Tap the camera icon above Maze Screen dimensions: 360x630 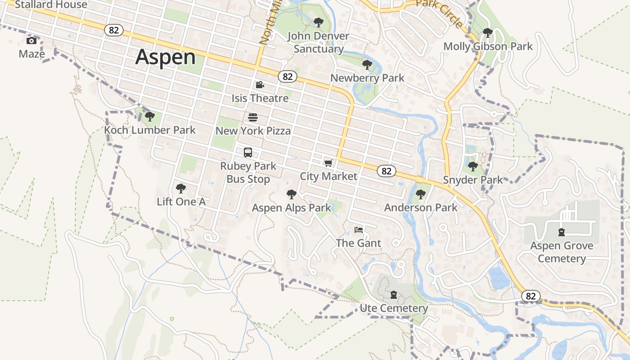(31, 41)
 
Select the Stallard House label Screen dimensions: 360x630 (51, 5)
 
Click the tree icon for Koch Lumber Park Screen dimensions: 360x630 (150, 117)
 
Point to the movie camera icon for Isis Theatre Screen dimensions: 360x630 (260, 85)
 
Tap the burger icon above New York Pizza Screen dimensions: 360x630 (253, 117)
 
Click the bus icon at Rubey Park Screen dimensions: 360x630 (248, 153)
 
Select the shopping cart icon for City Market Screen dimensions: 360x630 (328, 163)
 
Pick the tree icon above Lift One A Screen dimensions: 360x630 (181, 188)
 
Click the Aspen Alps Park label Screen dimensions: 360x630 (291, 208)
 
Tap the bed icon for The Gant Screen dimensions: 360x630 (359, 230)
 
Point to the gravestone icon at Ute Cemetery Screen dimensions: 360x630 (394, 295)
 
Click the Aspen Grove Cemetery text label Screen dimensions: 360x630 (562, 252)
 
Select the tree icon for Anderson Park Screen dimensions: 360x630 (421, 194)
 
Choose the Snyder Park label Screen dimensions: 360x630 (473, 180)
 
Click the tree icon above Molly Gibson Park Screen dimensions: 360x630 (487, 33)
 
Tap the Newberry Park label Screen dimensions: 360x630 (367, 78)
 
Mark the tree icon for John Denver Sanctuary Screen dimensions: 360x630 (319, 22)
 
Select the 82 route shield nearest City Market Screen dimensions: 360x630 (387, 171)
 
